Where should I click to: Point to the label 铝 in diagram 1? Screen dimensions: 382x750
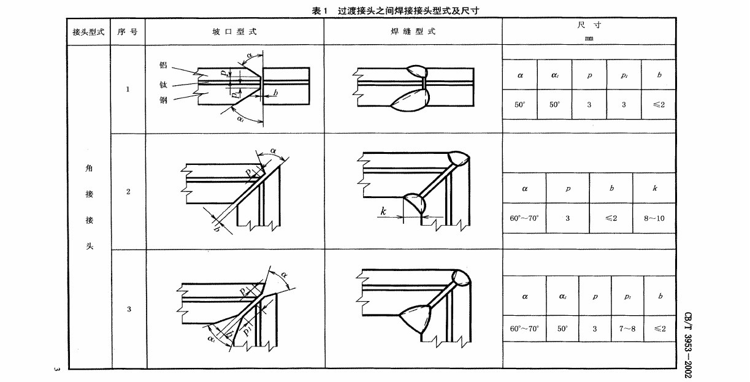163,65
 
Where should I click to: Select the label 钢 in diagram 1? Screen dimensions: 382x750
163,100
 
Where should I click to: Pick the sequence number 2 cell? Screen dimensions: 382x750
128,192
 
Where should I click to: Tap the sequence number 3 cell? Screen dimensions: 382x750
128,309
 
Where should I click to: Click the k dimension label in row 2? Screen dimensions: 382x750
383,212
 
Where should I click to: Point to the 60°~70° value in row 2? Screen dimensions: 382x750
524,218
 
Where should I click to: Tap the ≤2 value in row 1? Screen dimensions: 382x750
659,104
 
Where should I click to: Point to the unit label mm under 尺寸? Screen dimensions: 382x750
589,38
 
